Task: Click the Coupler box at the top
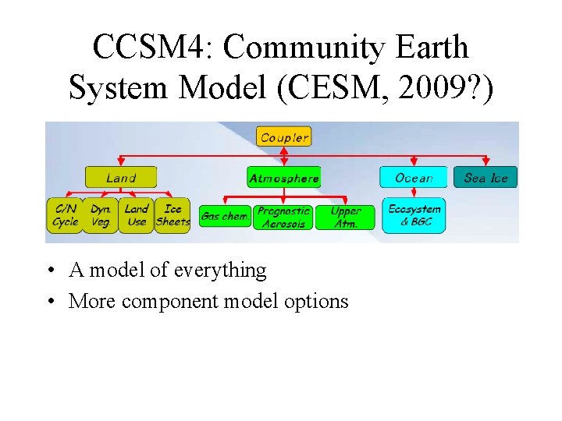point(284,137)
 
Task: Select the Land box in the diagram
point(121,178)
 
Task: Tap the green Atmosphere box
point(283,178)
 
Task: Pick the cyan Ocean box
point(414,178)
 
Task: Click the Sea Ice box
point(486,178)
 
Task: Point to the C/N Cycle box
point(66,215)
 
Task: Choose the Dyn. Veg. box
point(101,215)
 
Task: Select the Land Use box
point(136,215)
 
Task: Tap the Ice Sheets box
point(173,215)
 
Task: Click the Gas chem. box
point(224,217)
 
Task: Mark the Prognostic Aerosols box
point(283,217)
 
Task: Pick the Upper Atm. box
point(345,217)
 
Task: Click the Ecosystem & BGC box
point(414,215)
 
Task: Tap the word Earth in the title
point(431,48)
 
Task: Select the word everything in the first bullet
point(220,271)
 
